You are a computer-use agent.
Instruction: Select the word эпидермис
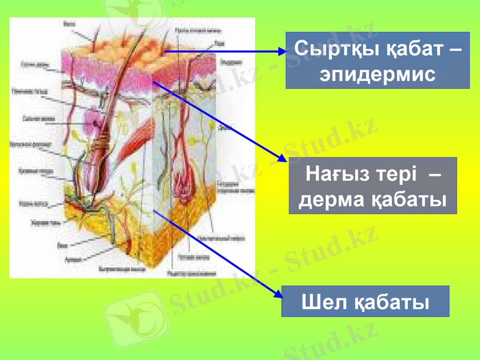click(377, 74)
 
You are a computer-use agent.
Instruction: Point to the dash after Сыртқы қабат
click(455, 49)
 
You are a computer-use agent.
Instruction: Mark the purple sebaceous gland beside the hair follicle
click(95, 122)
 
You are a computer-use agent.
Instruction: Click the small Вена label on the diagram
click(61, 245)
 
